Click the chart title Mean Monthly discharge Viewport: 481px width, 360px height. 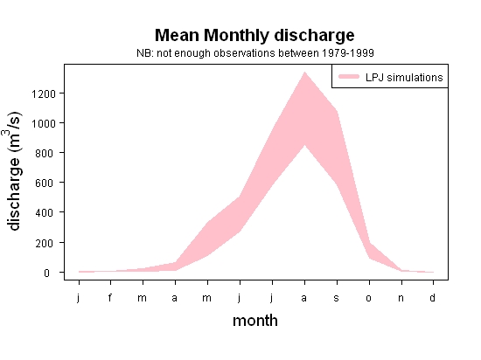[254, 35]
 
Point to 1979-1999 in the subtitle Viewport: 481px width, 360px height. [347, 53]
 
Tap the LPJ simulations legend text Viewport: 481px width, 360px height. [404, 77]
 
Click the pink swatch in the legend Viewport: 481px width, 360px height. [349, 77]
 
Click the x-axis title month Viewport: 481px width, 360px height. [255, 321]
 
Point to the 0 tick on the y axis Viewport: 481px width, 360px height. [46, 273]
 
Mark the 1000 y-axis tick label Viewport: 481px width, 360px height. [44, 123]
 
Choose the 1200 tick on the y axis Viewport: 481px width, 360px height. [44, 93]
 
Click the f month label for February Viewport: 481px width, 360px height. [110, 297]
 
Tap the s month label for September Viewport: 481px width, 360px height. [336, 298]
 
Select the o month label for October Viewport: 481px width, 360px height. [369, 298]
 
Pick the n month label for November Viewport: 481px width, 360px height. [401, 298]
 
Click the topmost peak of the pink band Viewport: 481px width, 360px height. [304, 72]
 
